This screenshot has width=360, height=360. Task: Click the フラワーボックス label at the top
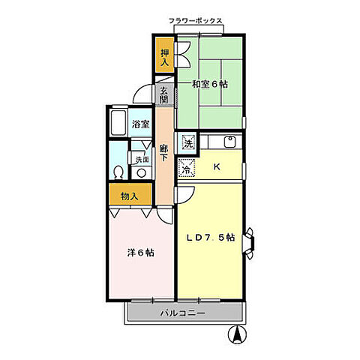click(x=196, y=21)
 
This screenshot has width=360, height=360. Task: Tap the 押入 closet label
click(x=164, y=58)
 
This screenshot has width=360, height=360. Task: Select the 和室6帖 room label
click(x=210, y=84)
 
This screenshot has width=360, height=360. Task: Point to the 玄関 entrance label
click(x=164, y=95)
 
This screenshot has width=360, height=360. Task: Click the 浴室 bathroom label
click(x=141, y=124)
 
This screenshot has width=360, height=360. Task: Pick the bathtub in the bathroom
click(x=118, y=123)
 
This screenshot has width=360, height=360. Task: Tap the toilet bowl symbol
click(x=118, y=172)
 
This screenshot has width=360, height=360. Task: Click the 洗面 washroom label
click(x=142, y=159)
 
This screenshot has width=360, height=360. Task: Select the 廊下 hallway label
click(x=163, y=153)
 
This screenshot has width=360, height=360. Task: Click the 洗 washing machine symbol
click(x=188, y=143)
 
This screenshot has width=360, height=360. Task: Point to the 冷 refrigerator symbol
click(x=186, y=166)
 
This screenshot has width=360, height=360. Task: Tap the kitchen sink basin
click(x=229, y=142)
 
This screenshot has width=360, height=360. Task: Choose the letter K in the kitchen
click(x=217, y=166)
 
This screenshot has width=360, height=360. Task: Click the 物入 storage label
click(x=129, y=196)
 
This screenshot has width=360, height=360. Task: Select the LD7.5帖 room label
click(x=211, y=238)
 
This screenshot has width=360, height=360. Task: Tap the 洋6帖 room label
click(x=141, y=253)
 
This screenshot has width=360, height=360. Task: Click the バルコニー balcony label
click(x=183, y=313)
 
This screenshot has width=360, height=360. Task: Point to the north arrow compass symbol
click(x=237, y=334)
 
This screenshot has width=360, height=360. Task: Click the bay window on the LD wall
click(x=249, y=243)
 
